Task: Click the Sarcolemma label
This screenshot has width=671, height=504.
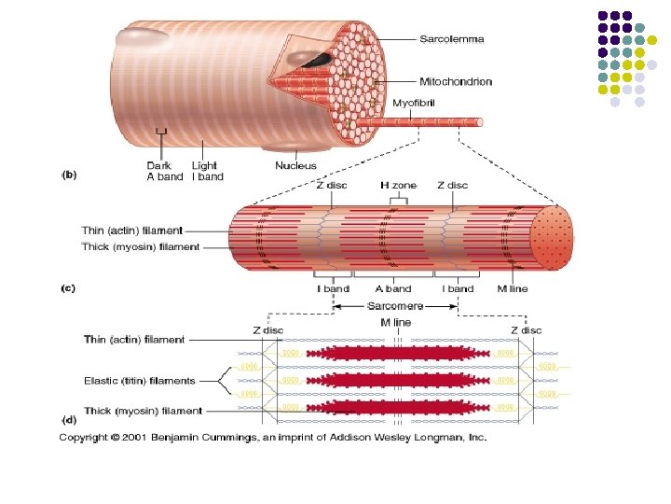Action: [452, 40]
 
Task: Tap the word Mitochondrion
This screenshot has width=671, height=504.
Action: [456, 82]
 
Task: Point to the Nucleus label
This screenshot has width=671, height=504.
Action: [295, 166]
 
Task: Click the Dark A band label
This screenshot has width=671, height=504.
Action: [165, 172]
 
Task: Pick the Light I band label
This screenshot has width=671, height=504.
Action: [207, 172]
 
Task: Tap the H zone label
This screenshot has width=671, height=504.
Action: [398, 186]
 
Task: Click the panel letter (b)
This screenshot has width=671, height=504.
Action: [69, 174]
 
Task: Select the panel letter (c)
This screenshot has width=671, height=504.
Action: [69, 288]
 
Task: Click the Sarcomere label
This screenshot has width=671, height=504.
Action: [395, 305]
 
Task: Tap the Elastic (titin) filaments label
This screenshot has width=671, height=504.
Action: [140, 381]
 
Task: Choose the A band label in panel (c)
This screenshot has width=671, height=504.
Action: [392, 288]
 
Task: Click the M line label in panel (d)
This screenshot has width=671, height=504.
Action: [396, 322]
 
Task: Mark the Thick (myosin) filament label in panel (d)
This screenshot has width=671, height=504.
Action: [142, 411]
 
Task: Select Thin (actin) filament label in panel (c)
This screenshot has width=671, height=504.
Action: [134, 229]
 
